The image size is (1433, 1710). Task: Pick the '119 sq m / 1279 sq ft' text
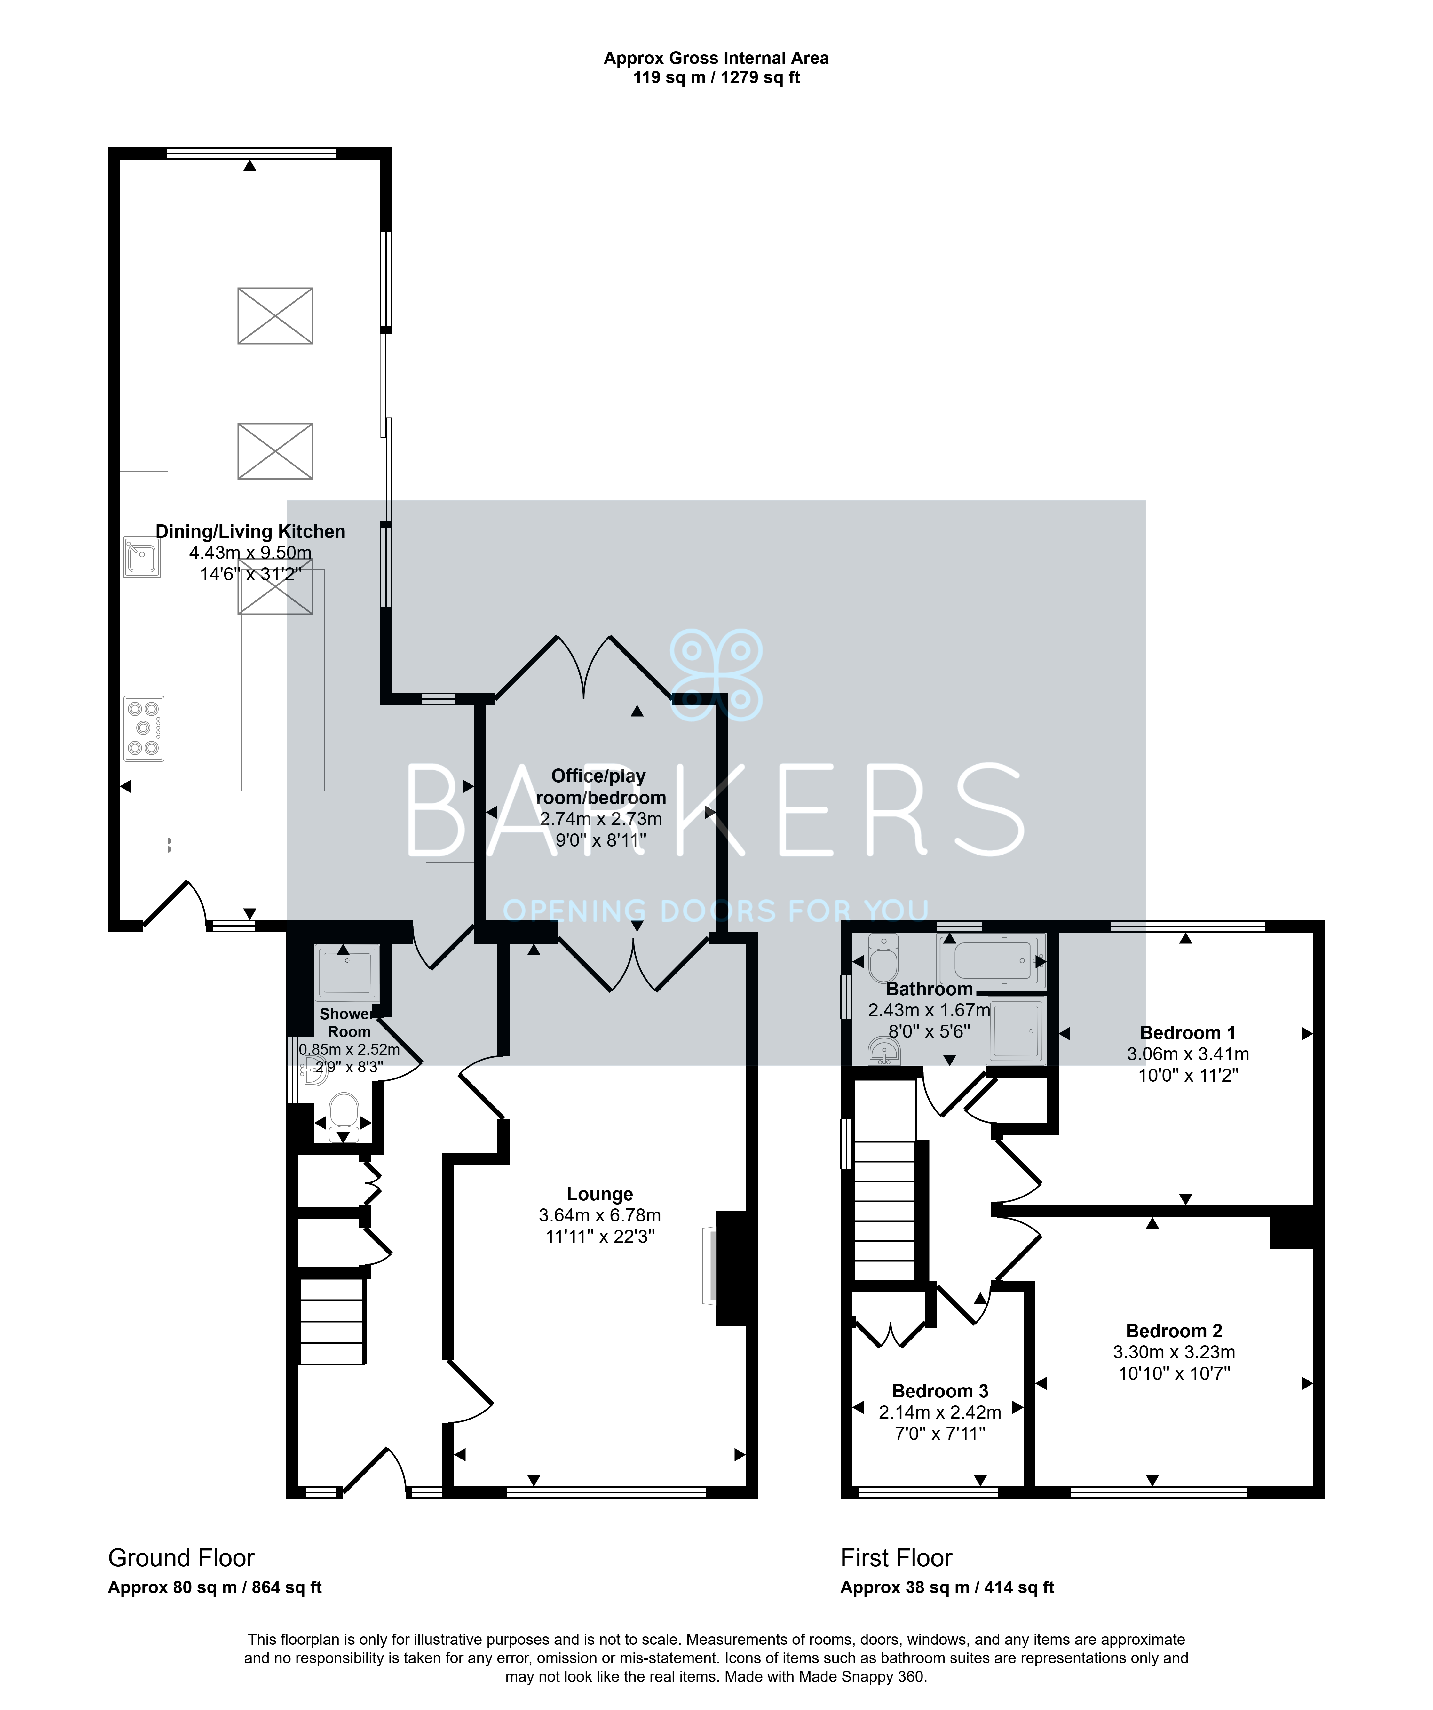click(x=716, y=78)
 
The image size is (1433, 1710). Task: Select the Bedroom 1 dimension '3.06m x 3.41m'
click(x=1188, y=1054)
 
